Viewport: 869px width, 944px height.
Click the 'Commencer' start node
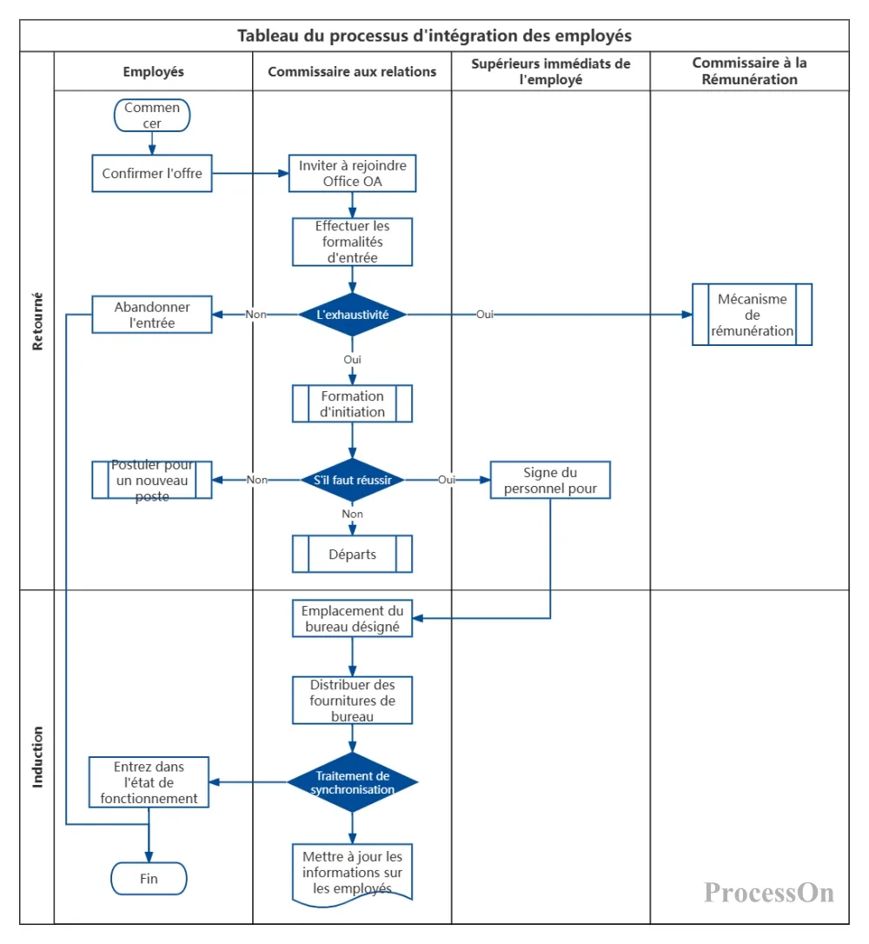(152, 115)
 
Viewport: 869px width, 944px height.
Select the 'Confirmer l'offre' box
(152, 173)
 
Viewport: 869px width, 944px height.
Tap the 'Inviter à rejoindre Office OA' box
(352, 173)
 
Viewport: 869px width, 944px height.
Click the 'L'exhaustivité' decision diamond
(352, 315)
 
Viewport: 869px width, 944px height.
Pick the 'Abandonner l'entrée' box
(152, 315)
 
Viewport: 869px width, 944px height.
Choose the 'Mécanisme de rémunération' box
(752, 315)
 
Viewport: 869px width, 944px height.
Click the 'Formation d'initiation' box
(352, 403)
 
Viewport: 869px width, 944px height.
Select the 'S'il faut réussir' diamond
(352, 480)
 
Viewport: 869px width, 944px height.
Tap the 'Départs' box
(352, 554)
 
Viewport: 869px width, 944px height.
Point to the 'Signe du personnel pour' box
(550, 480)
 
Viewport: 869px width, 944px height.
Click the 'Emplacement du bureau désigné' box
(352, 618)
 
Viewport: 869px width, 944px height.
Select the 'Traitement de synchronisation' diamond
(352, 782)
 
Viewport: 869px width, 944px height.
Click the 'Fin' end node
(149, 879)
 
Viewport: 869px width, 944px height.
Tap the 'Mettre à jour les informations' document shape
(352, 874)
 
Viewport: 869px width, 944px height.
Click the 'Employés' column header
(154, 71)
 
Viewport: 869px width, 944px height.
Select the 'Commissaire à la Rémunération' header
(749, 71)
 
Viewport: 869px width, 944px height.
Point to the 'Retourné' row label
(37, 322)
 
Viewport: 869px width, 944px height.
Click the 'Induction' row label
(37, 757)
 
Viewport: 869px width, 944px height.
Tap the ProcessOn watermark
(769, 892)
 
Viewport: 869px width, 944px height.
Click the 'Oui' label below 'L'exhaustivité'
(352, 359)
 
